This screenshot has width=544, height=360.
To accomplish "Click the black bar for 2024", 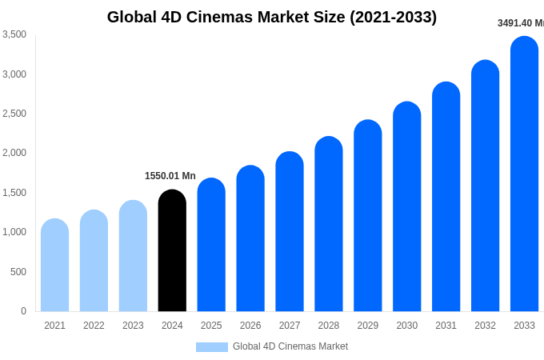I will (x=172, y=252).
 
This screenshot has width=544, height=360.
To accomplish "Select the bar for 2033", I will (x=524, y=176).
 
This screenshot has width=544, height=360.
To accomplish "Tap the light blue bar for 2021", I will (x=54, y=266).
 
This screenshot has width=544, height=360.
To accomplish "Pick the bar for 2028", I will (x=329, y=226).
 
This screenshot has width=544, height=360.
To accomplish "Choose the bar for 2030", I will (x=406, y=208).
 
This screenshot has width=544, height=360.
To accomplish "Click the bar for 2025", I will (x=211, y=246).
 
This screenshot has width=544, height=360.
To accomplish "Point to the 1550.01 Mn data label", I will (x=170, y=176).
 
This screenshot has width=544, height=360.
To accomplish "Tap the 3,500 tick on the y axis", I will (x=14, y=34).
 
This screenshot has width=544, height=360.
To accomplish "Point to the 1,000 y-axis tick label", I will (x=14, y=232).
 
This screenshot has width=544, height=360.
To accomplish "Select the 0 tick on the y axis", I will (x=23, y=311).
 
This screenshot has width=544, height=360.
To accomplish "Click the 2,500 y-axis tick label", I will (x=14, y=114).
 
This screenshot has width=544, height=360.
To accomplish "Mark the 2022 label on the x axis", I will (x=94, y=326).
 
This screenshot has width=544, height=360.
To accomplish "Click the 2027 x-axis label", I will (x=290, y=326).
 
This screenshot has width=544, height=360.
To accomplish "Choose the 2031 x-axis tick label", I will (x=446, y=326).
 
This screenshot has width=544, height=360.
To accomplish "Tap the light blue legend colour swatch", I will (x=212, y=347).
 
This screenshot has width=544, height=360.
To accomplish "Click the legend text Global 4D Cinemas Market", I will (x=290, y=346).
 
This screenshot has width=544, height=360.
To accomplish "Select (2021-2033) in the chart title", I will (x=393, y=17).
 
